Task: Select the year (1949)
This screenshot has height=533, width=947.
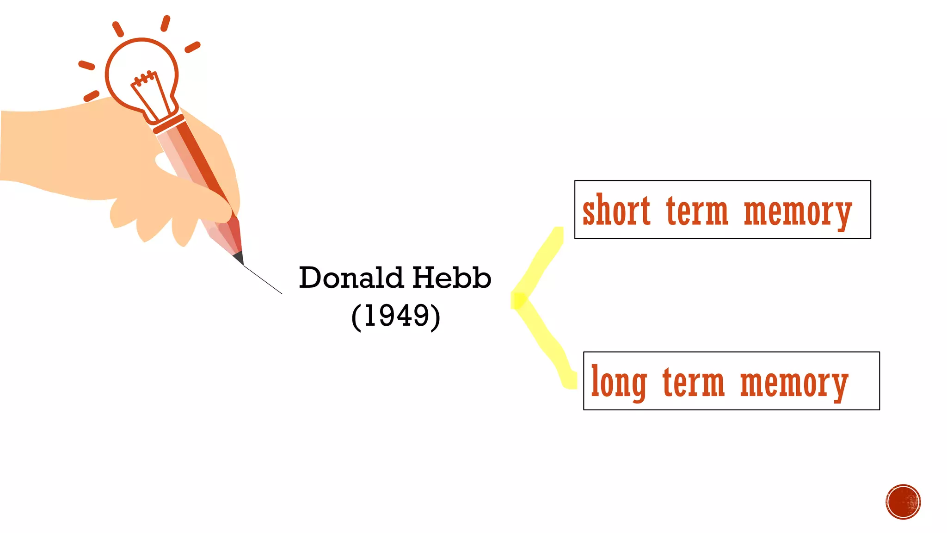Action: (396, 316)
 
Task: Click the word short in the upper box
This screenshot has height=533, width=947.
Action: (616, 211)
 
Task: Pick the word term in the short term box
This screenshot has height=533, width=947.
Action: (697, 211)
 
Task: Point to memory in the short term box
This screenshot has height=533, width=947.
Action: (798, 213)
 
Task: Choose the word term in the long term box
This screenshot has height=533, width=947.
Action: (693, 383)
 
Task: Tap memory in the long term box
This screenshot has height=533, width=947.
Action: (794, 384)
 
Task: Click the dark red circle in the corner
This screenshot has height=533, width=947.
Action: (903, 502)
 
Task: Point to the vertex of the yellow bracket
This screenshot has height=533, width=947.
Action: (518, 300)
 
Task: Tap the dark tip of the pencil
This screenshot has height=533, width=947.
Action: (239, 258)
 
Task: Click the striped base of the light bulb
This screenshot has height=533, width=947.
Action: (168, 124)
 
